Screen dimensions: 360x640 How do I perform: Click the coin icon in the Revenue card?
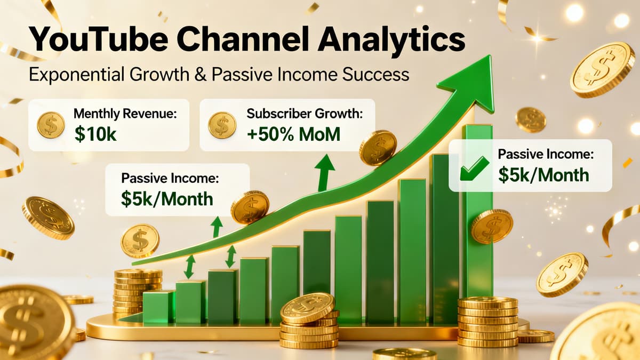(x=51, y=125)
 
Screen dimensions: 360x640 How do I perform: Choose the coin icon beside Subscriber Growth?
(x=222, y=125)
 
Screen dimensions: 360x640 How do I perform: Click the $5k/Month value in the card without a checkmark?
(x=167, y=198)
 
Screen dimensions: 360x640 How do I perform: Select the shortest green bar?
(x=158, y=307)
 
